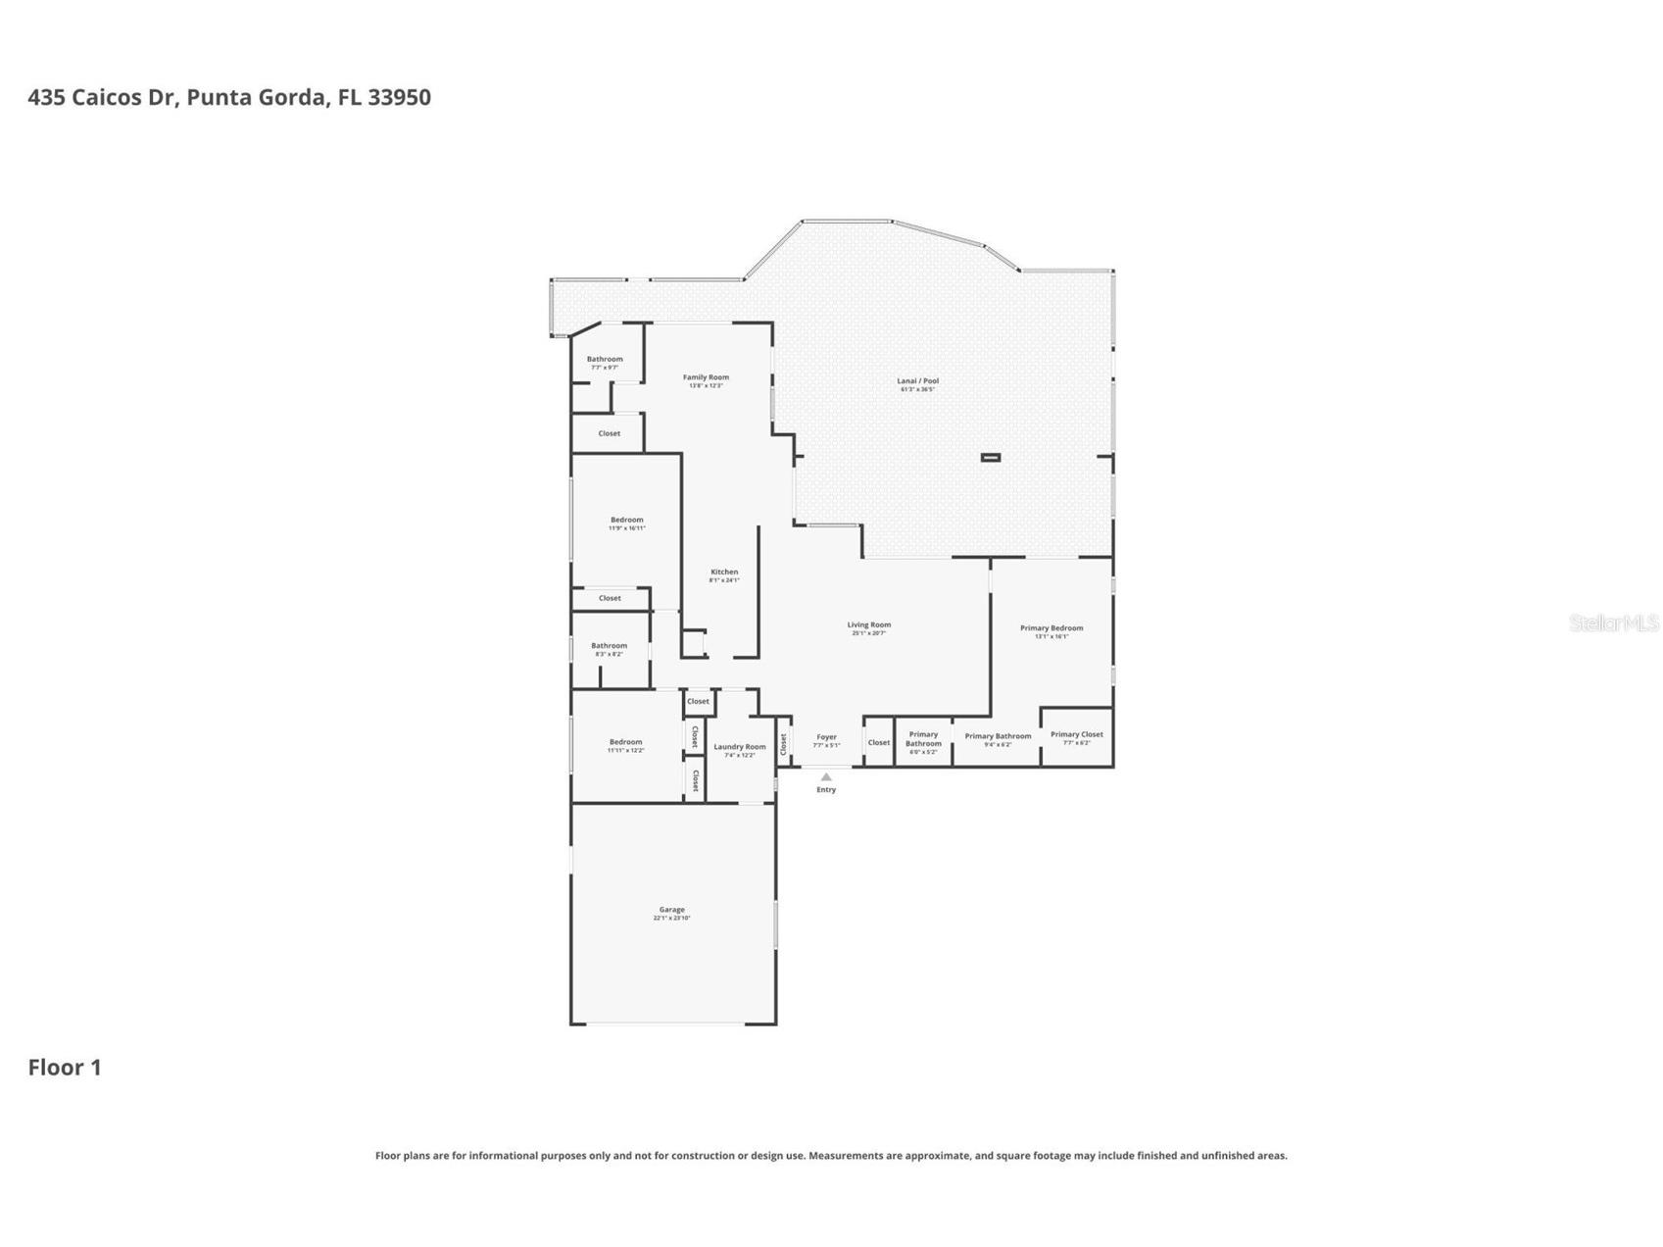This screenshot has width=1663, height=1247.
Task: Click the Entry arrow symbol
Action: pyautogui.click(x=826, y=776)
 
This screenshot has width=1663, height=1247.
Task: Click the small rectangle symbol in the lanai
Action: pyautogui.click(x=991, y=457)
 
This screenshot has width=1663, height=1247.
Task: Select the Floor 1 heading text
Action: pyautogui.click(x=65, y=1068)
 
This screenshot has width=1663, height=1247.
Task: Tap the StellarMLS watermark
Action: pyautogui.click(x=1613, y=623)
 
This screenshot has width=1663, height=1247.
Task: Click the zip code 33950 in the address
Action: pyautogui.click(x=399, y=97)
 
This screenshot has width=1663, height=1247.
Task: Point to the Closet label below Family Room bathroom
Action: pyautogui.click(x=609, y=433)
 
